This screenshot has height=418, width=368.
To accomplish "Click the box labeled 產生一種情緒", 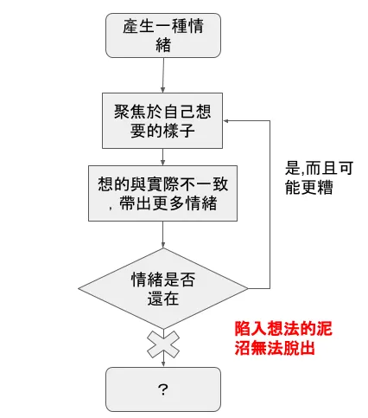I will pos(162,35).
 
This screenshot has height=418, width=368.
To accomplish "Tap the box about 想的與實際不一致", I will pos(162,194).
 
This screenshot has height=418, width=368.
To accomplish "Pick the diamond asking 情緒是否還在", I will pos(162,287).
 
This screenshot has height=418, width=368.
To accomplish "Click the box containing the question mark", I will pos(162,389).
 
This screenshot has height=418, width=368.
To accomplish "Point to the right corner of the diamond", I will pos(246,287).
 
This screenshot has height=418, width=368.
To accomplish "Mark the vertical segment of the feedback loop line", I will pos(270,208).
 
